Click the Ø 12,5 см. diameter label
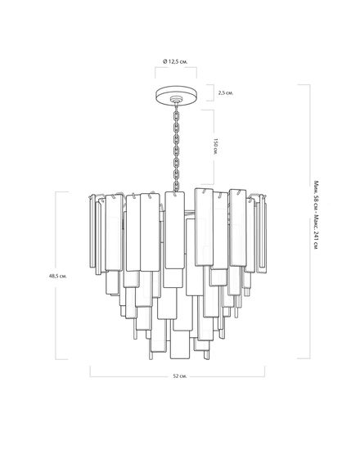(x=175, y=61)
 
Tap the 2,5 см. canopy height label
(x=226, y=93)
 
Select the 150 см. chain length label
(x=216, y=147)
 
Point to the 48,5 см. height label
(x=58, y=276)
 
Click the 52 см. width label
(x=180, y=376)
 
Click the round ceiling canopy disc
(x=177, y=94)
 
